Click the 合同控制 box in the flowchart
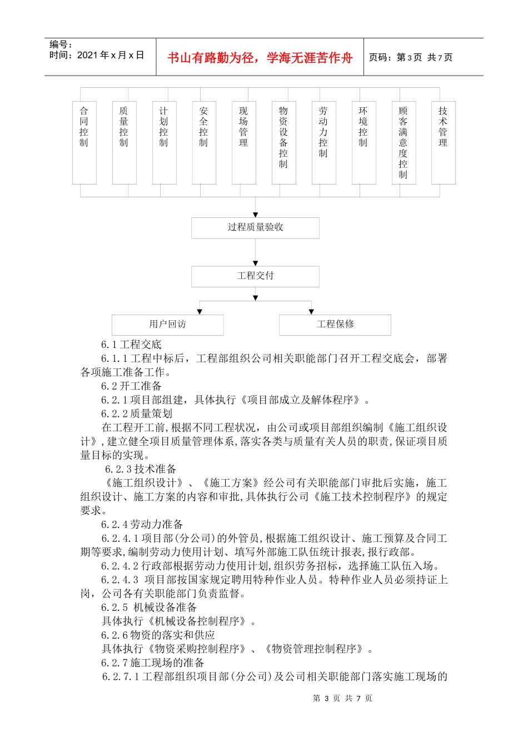(84, 143)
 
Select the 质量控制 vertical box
(124, 143)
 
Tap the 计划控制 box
(165, 143)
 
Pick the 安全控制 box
(204, 143)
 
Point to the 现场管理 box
(244, 143)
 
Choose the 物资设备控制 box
(284, 143)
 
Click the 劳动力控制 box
(324, 143)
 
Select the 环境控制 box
(364, 143)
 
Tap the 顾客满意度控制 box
(404, 143)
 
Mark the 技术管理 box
(444, 143)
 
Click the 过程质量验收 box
(255, 228)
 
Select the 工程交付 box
(255, 276)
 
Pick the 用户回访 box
(168, 325)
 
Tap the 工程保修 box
(335, 325)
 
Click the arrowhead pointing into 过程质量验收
(256, 215)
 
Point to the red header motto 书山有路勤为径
(260, 58)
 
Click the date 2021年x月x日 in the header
(111, 55)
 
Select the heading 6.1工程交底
(131, 345)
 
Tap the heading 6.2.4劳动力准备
(142, 524)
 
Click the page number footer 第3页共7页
(342, 698)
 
